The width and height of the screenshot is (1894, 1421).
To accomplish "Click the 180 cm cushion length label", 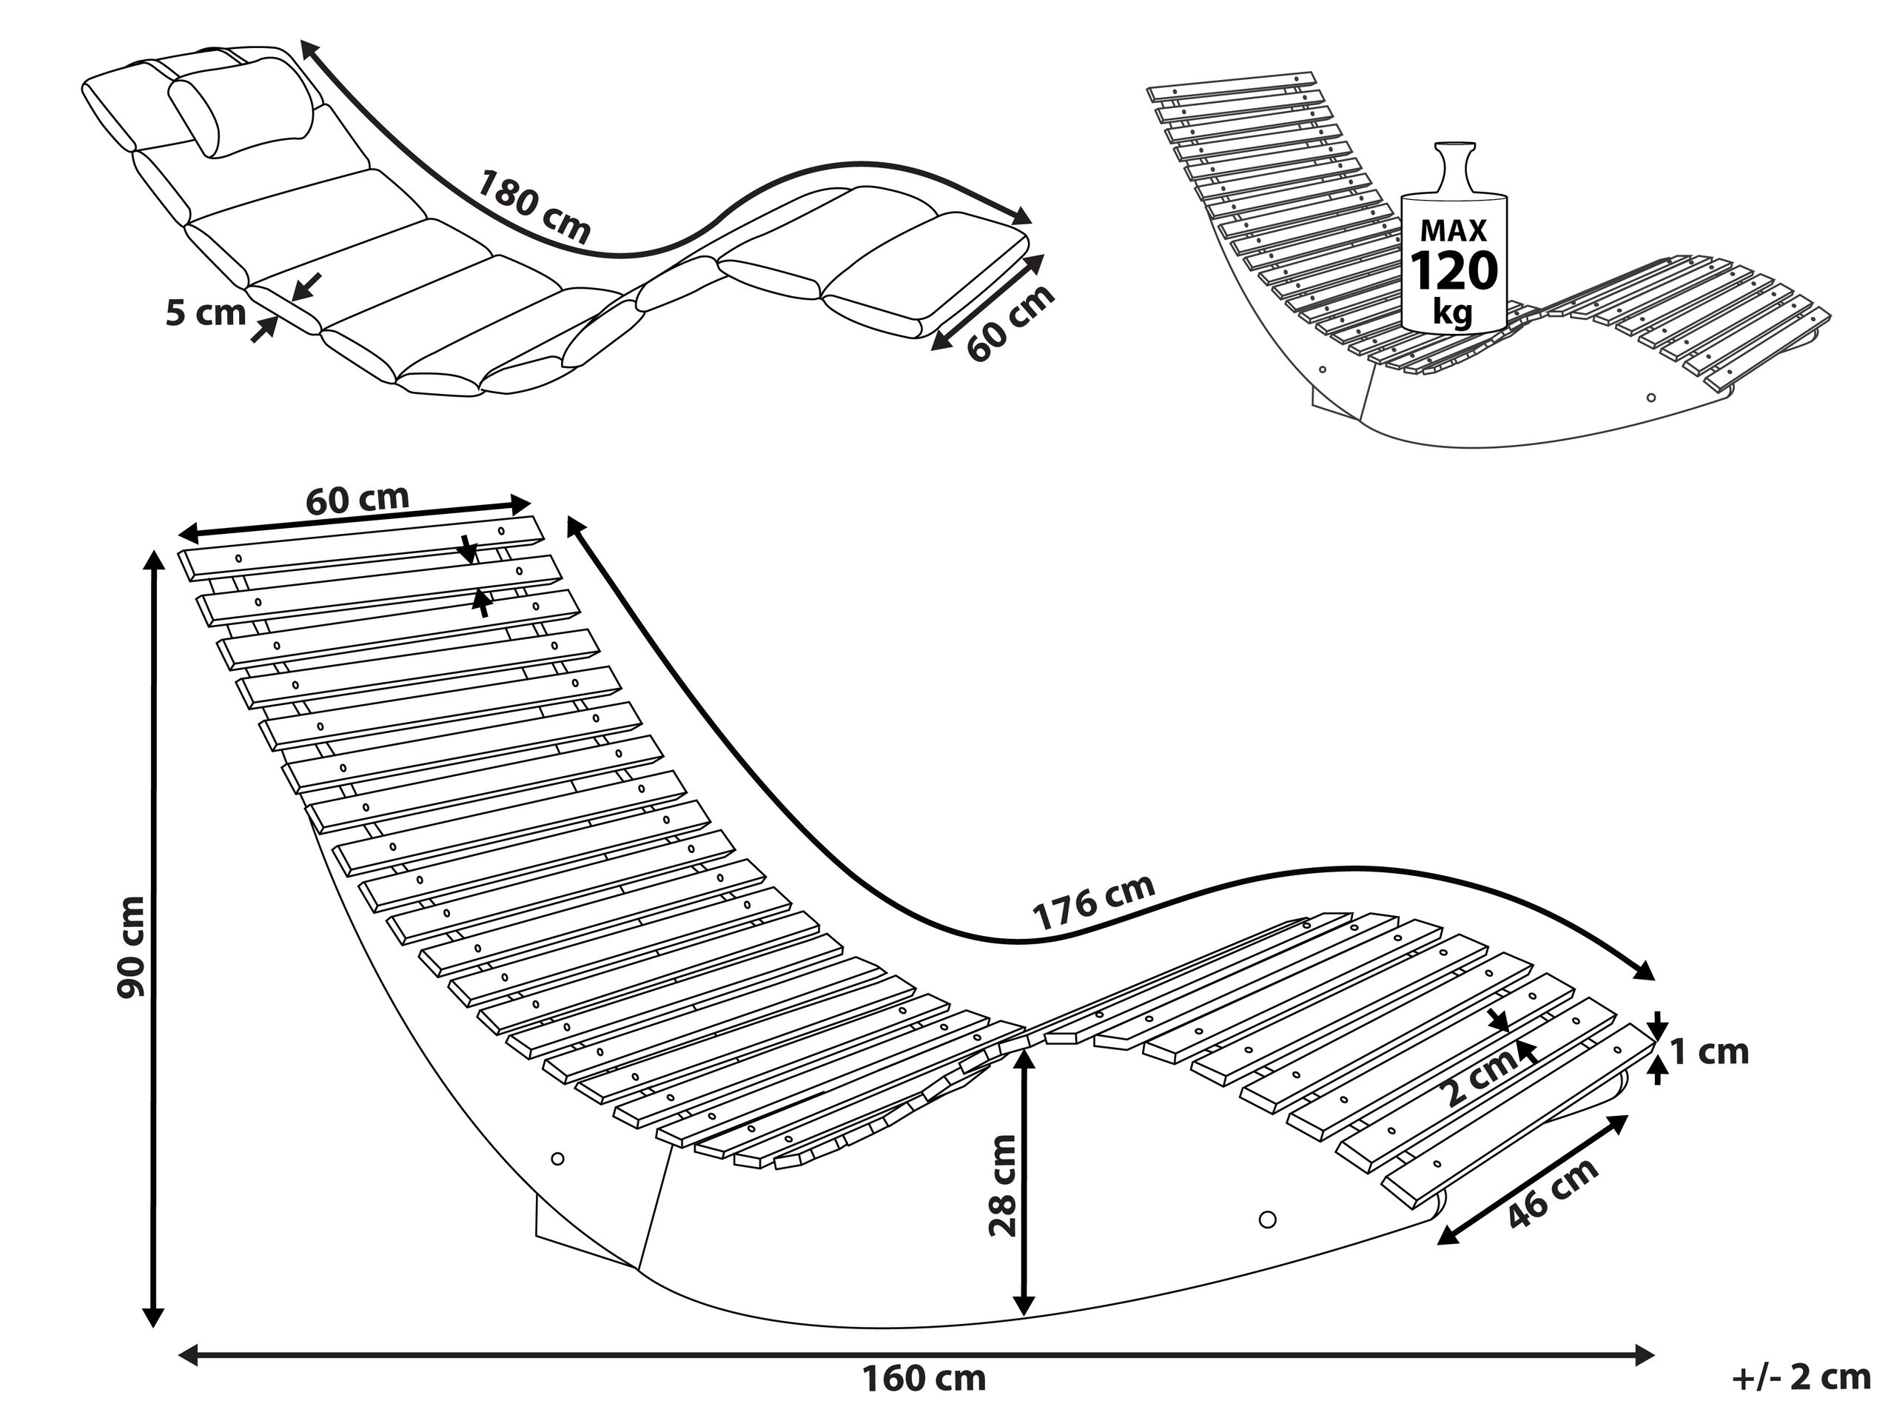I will [x=534, y=206].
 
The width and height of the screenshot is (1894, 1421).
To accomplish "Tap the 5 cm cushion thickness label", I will [x=206, y=313].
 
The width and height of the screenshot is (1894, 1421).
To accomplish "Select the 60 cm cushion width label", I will [x=1010, y=323].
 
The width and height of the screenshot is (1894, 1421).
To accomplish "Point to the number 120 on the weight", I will [x=1453, y=272].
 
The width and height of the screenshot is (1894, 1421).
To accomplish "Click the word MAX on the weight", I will [x=1453, y=230].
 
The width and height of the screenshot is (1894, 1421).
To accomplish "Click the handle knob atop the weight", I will [x=1455, y=156].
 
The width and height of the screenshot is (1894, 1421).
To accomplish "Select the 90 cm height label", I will [x=132, y=946].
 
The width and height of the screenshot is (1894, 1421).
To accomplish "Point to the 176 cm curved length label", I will [x=1093, y=902].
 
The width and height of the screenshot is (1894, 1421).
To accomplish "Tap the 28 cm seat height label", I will [x=1003, y=1186].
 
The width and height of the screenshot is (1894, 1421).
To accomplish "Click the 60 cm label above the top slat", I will [x=357, y=499].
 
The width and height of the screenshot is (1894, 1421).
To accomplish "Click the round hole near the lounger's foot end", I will [x=1268, y=1219].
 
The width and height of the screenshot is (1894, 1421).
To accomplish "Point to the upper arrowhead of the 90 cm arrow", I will [x=153, y=561].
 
